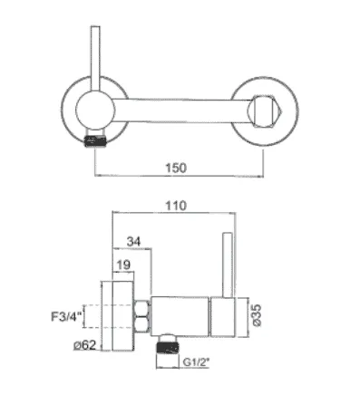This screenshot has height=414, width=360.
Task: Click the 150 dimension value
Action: coord(176,168)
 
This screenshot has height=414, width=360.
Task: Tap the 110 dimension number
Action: coord(176,206)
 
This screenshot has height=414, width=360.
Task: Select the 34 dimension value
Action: coord(133,242)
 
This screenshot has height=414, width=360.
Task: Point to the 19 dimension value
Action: coord(123,265)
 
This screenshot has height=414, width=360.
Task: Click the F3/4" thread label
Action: coord(66,317)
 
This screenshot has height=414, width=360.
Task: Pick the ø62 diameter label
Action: coord(85,345)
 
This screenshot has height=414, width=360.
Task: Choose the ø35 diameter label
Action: coord(257,315)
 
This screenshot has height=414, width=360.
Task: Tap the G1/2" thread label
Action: coord(196,362)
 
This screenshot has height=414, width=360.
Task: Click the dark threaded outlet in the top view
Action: coord(95,141)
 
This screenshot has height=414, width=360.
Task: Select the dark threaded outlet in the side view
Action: coord(168,347)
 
